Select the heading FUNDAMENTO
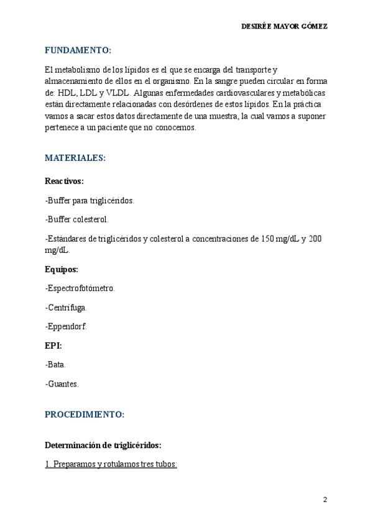pos(78,50)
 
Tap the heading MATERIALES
pos(75,158)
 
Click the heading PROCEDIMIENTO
pos(85,414)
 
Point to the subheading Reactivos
pos(64,181)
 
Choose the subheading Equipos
pos(62,270)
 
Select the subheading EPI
pos(53,345)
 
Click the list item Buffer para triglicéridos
pos(90,201)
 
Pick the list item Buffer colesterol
pos(77,219)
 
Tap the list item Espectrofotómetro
pos(80,288)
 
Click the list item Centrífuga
pos(67,307)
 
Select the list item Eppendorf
pos(67,326)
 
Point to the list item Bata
pos(55,365)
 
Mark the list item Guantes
pos(62,384)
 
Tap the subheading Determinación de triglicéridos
pos(103,445)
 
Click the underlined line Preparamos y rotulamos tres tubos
pos(111,464)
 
